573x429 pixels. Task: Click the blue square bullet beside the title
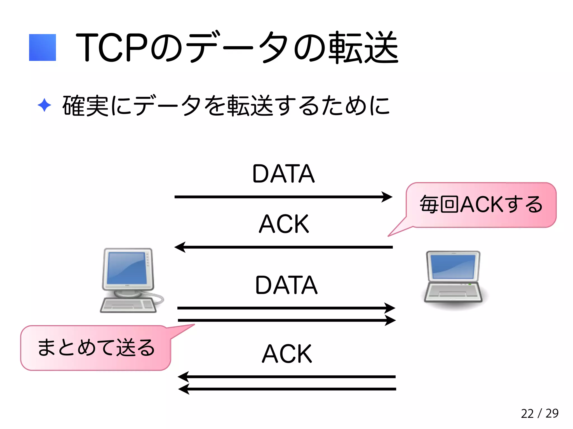(x=43, y=47)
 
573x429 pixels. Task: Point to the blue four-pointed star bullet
(x=44, y=105)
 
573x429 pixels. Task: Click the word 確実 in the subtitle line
(x=85, y=106)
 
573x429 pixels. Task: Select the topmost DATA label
(x=283, y=174)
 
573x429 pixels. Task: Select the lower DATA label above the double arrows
(x=286, y=285)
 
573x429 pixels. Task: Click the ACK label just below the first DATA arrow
(x=284, y=224)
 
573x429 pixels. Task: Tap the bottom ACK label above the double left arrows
(x=287, y=354)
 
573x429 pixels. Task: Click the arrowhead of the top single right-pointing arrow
(x=388, y=197)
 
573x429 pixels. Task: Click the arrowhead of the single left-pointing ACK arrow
(x=180, y=247)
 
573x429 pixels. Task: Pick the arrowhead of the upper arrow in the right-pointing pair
(x=390, y=308)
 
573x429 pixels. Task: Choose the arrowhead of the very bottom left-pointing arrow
(x=184, y=389)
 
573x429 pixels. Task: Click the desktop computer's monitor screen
(x=127, y=268)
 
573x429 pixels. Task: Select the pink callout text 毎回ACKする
(x=481, y=204)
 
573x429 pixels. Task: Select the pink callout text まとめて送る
(x=96, y=348)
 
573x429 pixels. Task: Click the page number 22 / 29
(x=539, y=413)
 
